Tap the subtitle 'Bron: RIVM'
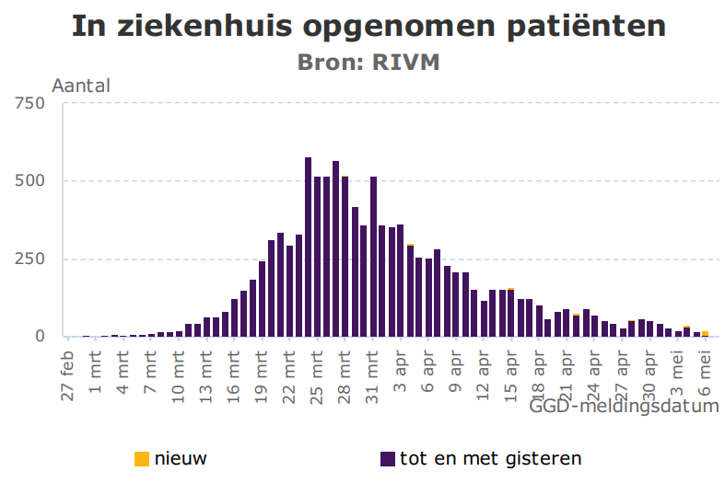tap(368, 62)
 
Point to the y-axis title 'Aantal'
tap(81, 86)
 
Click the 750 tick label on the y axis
tap(29, 103)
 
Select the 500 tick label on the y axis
tap(29, 181)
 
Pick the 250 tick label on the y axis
tap(29, 259)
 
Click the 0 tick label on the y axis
tap(40, 337)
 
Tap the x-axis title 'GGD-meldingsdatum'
tap(624, 406)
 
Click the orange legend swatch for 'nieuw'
tap(141, 458)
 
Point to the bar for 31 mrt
tap(373, 257)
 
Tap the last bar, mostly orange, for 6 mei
tap(706, 334)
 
